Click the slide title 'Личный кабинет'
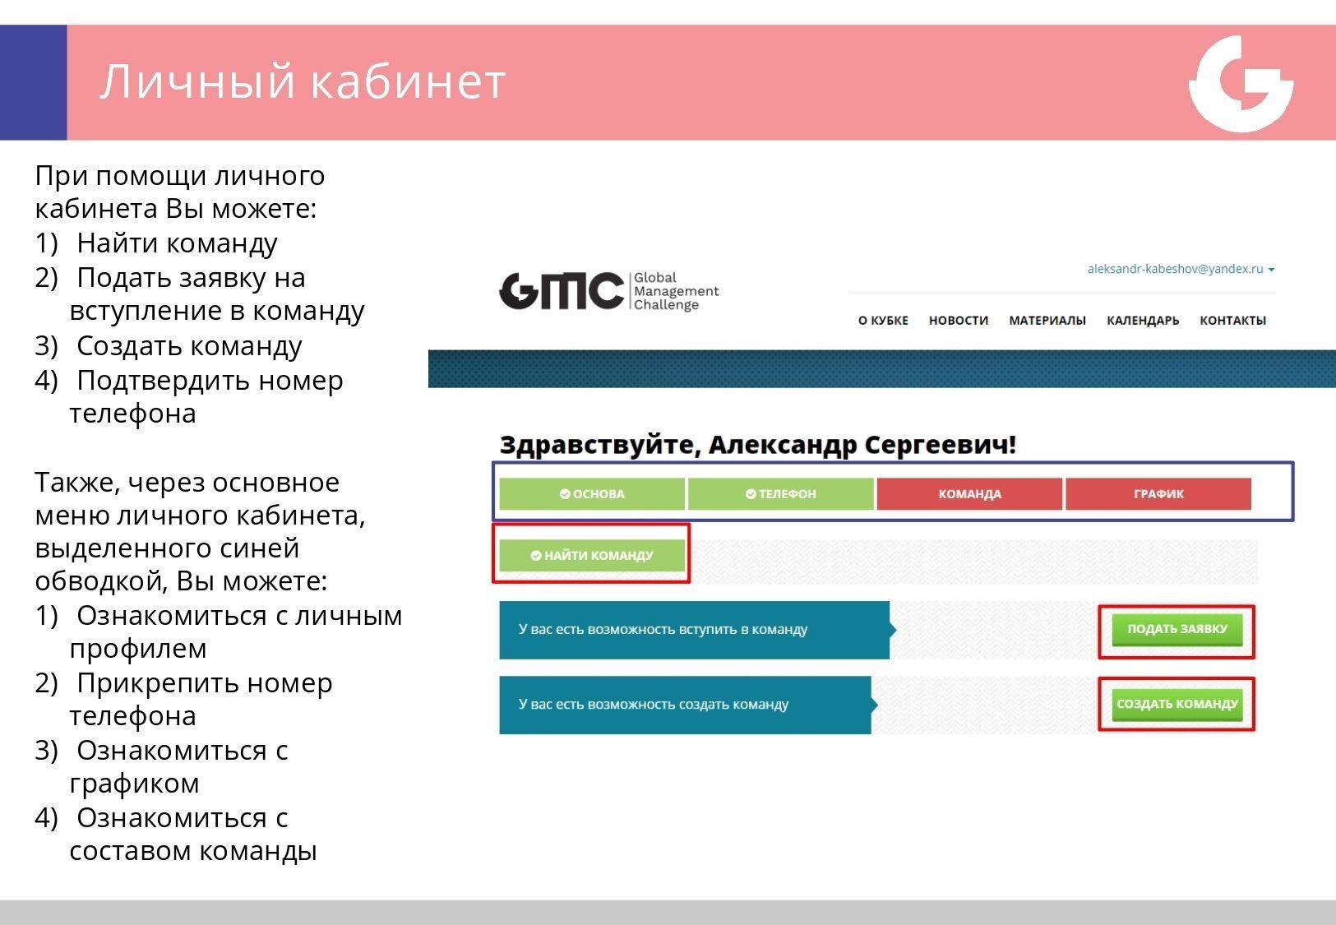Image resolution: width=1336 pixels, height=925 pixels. pyautogui.click(x=303, y=81)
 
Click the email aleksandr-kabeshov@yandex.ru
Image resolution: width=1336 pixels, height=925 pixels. pyautogui.click(x=1175, y=269)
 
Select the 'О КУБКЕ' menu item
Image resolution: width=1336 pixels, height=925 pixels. pyautogui.click(x=883, y=321)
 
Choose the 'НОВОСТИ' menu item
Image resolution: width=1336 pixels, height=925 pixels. pyautogui.click(x=959, y=321)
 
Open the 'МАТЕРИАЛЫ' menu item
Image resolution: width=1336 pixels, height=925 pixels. pyautogui.click(x=1047, y=321)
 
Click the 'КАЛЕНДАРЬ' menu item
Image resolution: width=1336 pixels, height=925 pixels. pyautogui.click(x=1143, y=321)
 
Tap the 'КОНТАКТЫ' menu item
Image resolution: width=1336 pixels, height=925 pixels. pyautogui.click(x=1232, y=321)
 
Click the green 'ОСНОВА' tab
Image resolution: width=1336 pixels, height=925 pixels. pyautogui.click(x=592, y=494)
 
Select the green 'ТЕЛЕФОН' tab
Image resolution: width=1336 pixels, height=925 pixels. pyautogui.click(x=781, y=494)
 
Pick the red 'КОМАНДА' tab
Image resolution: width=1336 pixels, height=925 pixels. pyautogui.click(x=970, y=494)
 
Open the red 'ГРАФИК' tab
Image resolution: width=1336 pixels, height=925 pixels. pyautogui.click(x=1158, y=494)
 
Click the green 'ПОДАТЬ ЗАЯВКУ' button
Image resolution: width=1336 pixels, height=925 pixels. pyautogui.click(x=1177, y=630)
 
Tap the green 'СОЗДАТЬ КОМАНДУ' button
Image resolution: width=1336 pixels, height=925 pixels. pyautogui.click(x=1177, y=705)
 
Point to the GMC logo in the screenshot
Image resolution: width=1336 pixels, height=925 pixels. pyautogui.click(x=562, y=291)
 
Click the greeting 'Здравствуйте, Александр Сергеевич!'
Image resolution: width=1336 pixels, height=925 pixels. pyautogui.click(x=758, y=444)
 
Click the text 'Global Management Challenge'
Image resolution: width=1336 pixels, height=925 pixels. pyautogui.click(x=677, y=291)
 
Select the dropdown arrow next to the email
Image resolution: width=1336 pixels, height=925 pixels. pyautogui.click(x=1272, y=270)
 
